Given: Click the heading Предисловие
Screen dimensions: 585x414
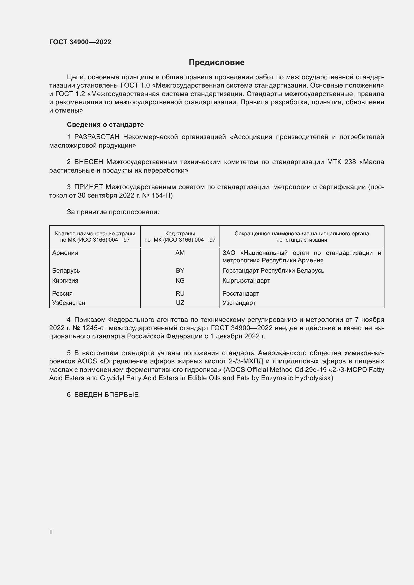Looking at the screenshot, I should point(217,63).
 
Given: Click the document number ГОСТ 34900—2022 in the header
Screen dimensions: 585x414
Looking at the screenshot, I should point(80,42).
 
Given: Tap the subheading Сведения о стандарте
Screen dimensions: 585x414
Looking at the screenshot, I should point(105,125).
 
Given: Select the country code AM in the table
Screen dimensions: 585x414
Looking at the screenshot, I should point(180,253).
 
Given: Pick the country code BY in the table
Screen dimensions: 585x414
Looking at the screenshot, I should point(180,270).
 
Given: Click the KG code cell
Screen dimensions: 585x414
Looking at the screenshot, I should point(180,281).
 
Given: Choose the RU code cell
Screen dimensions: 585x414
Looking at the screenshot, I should point(180,294).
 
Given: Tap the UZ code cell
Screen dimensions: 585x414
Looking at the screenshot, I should point(180,303).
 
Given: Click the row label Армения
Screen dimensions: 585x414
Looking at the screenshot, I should point(65,253).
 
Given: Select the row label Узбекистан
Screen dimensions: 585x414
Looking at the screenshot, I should point(69,303).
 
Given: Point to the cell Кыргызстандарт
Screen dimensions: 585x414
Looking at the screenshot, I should point(246,281).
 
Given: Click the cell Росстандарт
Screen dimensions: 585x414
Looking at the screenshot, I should point(241,294).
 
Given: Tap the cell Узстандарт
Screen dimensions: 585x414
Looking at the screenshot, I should point(239,303).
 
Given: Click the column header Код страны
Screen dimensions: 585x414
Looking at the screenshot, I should point(180,233).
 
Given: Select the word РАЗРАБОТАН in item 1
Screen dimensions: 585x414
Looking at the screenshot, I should point(97,137).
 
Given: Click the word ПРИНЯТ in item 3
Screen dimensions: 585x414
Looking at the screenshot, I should point(88,187).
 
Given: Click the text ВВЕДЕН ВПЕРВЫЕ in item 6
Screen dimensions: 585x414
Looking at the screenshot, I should point(106,395).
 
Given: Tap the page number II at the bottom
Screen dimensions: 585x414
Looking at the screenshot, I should point(51,532).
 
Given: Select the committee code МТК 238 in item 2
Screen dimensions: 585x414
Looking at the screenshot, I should point(341,162).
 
